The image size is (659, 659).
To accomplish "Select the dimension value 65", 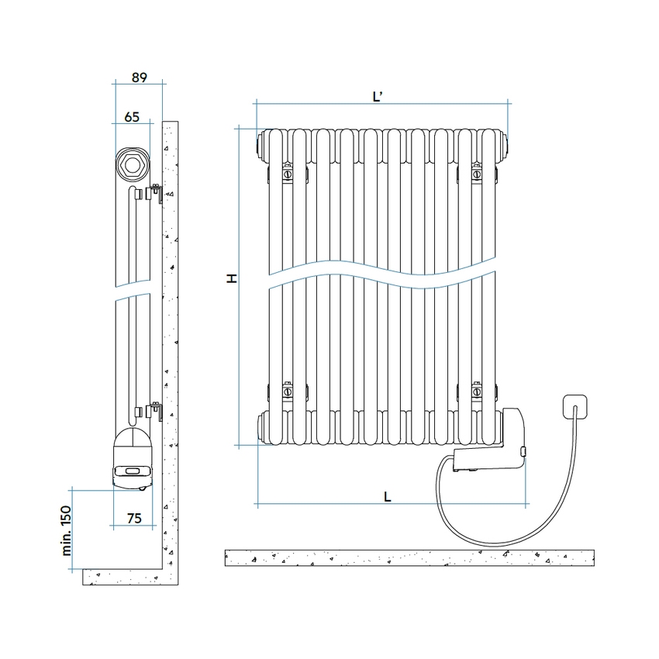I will coord(131,117).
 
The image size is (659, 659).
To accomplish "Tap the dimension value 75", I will coord(133,519).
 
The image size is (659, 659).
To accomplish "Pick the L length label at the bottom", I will coord(386,498).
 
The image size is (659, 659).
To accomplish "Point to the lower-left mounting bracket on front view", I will coord(287,392).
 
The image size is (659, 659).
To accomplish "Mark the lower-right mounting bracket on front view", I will coord(478,392).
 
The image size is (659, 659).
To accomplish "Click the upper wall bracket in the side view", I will coord(155,193).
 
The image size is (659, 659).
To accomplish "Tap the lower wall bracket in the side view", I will coord(155,410).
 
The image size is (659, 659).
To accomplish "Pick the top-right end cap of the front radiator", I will coord(506,143).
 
